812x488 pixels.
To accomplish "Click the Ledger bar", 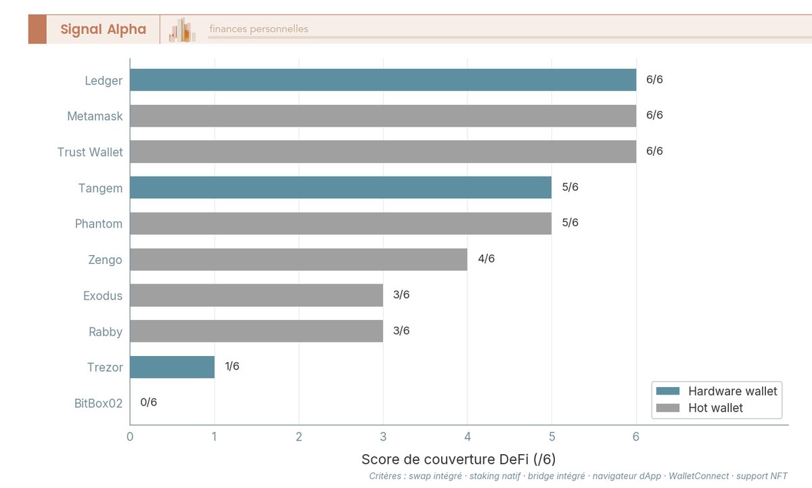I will (x=383, y=80).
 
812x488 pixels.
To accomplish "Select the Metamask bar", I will (x=383, y=116).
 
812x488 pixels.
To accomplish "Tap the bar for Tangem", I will (x=340, y=187).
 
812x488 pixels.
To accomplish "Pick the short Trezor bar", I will (x=172, y=367).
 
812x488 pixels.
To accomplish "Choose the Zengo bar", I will (x=298, y=259).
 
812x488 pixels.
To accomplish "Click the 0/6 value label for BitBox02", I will (x=148, y=402).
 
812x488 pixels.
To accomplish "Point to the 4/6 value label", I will (x=486, y=259).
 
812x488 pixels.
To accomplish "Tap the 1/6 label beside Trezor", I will (x=232, y=366).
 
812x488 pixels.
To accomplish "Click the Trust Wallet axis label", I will (x=90, y=152).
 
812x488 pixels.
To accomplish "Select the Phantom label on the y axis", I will (x=99, y=224).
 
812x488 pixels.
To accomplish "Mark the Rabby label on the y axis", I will (x=106, y=332).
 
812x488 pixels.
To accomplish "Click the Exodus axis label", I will (x=103, y=296).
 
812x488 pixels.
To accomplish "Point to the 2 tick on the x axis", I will (x=298, y=437).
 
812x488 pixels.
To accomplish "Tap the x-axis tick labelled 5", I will (x=551, y=437).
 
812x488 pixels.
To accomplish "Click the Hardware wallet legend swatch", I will (x=667, y=391).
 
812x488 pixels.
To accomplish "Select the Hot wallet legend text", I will (x=715, y=408).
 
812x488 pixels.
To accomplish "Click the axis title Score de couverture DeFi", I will (x=458, y=460).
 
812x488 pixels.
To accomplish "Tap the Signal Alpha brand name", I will (x=103, y=29).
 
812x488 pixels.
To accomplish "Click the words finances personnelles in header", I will (x=258, y=29).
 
